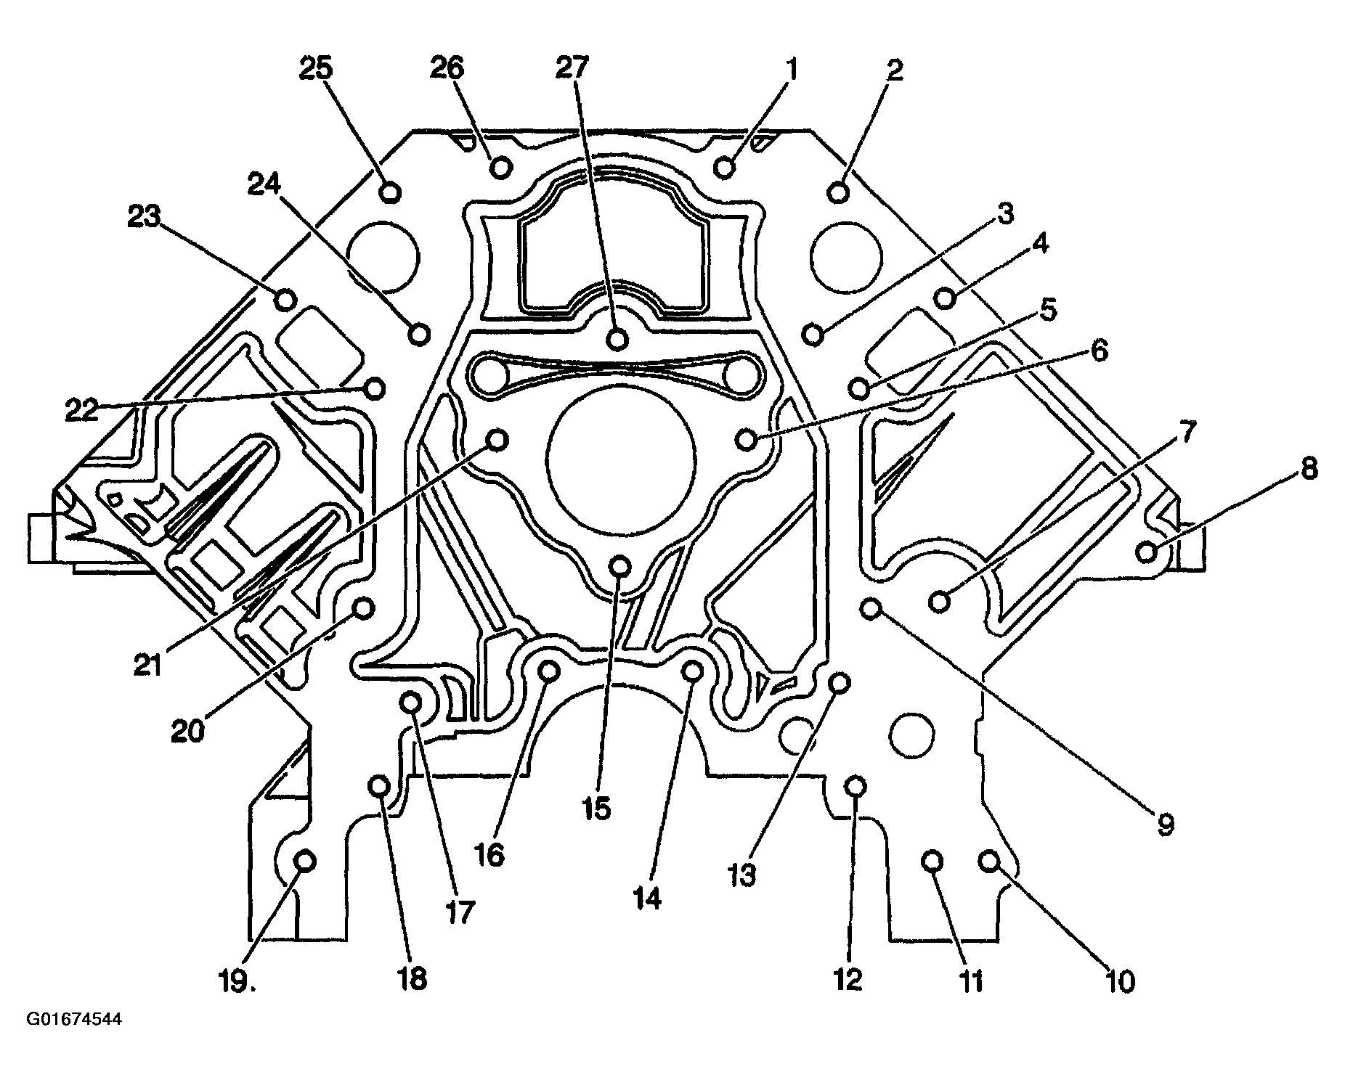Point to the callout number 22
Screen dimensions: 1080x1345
[x=81, y=411]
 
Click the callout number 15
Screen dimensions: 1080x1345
[x=596, y=808]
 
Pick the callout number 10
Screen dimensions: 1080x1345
[x=1120, y=982]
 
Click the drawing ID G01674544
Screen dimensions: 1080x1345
[x=74, y=1019]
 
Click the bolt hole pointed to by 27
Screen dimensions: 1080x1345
[x=617, y=338]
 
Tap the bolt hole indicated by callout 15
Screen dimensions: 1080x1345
[x=619, y=565]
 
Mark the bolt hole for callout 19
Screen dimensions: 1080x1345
[x=305, y=862]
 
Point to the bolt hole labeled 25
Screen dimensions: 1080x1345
[x=391, y=192]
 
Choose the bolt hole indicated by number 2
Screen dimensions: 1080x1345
[x=838, y=192]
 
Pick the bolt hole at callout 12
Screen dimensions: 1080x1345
[x=856, y=787]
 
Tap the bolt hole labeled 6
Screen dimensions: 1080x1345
[x=747, y=438]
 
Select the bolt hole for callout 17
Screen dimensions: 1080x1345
[x=411, y=703]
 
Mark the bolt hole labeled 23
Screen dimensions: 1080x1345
[x=285, y=299]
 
